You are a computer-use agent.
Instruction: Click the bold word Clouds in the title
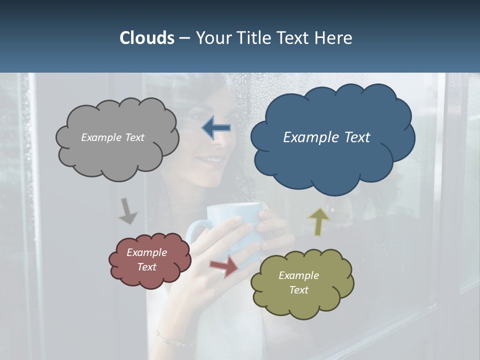146,38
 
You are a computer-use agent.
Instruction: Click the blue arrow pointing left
216,128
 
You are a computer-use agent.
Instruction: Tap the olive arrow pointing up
318,221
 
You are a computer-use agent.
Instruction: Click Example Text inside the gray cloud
112,137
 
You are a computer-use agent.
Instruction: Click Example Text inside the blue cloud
326,137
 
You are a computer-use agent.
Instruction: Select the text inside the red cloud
146,259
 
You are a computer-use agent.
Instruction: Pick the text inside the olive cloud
298,282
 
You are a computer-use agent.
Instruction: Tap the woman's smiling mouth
206,161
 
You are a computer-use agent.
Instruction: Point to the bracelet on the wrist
172,340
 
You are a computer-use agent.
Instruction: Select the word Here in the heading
333,38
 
